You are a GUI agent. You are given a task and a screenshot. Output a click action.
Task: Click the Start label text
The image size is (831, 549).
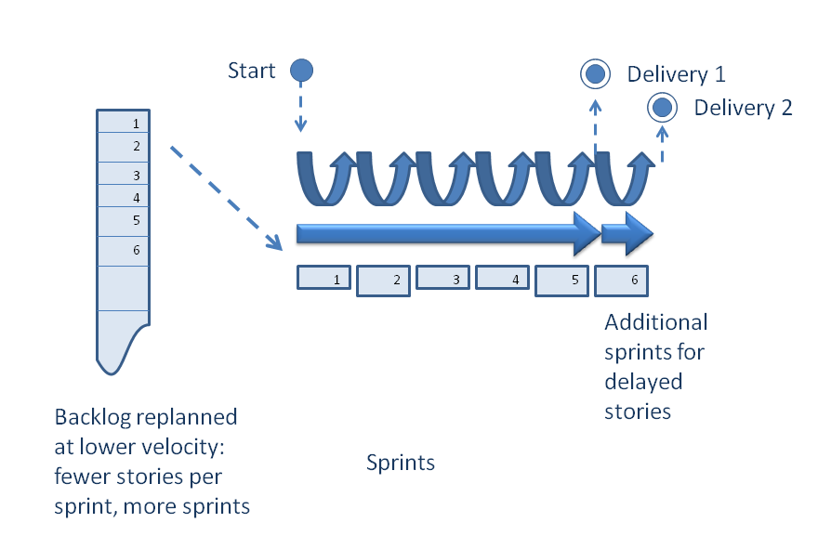(x=252, y=71)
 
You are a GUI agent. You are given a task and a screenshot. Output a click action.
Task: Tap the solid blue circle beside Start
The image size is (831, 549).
(x=301, y=71)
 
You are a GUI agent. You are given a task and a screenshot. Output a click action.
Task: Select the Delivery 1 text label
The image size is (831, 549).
(x=676, y=74)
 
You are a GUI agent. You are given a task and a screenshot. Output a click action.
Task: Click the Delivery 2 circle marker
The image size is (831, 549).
(x=662, y=109)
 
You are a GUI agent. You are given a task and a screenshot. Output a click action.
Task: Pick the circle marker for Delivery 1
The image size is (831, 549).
(x=595, y=73)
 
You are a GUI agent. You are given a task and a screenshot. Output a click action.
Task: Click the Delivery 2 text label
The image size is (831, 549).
(x=743, y=108)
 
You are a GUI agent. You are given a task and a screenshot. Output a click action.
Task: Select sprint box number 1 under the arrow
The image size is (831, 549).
(x=323, y=278)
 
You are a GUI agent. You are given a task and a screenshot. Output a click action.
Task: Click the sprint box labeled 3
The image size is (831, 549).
(x=442, y=278)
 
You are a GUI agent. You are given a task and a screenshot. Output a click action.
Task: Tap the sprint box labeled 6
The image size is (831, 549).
(x=621, y=279)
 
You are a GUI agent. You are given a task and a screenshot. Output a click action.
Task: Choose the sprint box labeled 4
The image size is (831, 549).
(x=502, y=278)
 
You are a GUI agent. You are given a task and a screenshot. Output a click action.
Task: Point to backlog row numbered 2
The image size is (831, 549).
(x=123, y=147)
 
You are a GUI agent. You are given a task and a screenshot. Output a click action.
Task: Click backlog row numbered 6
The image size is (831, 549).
(x=123, y=251)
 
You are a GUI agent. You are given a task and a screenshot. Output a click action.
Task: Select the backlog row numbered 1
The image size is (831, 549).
(x=123, y=122)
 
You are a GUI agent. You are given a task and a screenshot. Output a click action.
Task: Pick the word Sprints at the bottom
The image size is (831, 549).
(x=400, y=462)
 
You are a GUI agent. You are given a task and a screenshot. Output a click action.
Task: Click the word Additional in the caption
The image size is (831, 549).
(x=655, y=322)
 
